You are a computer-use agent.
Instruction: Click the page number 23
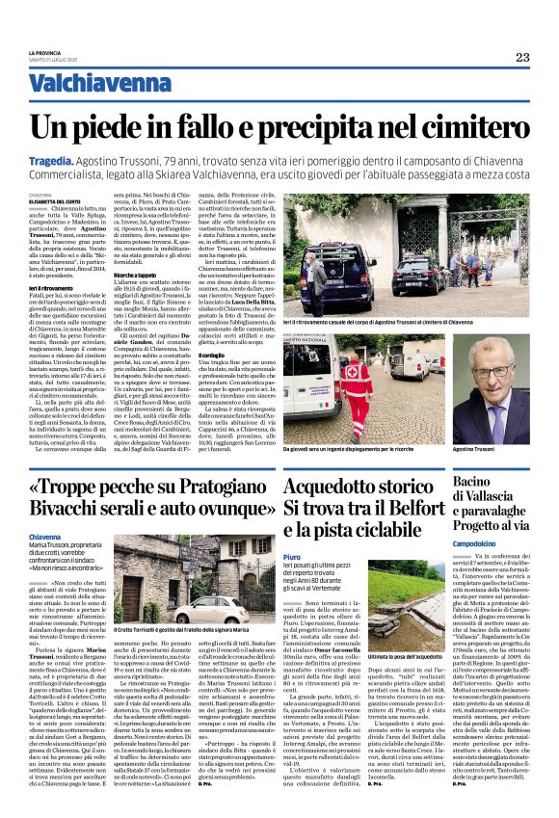click(x=522, y=57)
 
